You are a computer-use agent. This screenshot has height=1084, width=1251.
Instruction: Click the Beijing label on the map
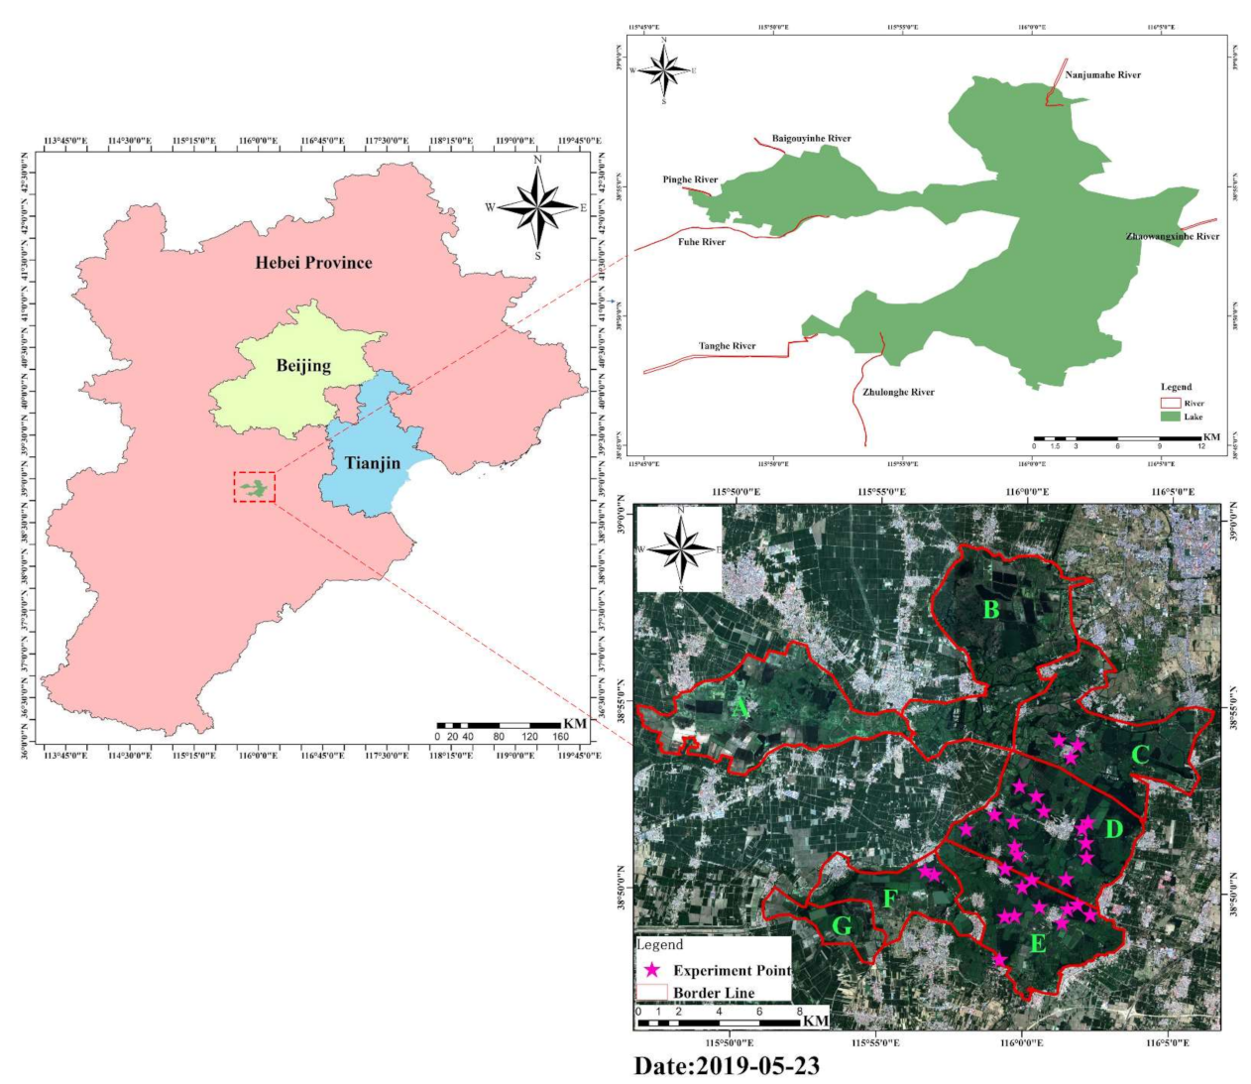tap(303, 366)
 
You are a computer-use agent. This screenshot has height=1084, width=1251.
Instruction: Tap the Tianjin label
tap(373, 463)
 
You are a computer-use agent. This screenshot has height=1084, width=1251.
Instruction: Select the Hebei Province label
tap(313, 263)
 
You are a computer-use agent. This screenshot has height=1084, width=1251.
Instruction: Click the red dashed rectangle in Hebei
tap(255, 487)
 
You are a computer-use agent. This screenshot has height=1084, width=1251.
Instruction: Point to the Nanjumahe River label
tap(1102, 75)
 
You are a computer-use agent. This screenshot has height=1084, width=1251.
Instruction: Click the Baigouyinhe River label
tap(811, 139)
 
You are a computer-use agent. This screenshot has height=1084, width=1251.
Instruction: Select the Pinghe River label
tap(690, 181)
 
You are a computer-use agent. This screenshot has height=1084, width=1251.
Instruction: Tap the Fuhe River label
tap(702, 242)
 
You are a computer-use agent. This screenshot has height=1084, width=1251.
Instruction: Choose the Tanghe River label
tap(727, 346)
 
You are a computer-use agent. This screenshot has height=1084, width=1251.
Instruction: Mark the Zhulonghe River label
tap(898, 393)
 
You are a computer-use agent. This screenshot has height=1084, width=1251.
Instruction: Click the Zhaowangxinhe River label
tap(1173, 237)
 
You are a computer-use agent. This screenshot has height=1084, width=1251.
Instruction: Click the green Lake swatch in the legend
tap(1171, 417)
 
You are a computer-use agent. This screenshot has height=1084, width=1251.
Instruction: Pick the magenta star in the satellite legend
tap(652, 970)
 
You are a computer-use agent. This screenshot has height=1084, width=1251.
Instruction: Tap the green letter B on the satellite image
tap(990, 610)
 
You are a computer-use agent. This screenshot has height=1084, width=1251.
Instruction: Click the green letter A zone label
tap(739, 708)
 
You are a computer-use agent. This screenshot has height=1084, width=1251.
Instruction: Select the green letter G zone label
tap(842, 926)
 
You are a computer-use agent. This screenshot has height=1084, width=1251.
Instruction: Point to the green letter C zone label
tap(1140, 755)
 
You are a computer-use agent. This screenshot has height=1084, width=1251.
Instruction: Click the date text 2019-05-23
tap(727, 1066)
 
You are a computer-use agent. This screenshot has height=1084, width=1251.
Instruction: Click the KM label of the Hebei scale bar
tap(575, 724)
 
